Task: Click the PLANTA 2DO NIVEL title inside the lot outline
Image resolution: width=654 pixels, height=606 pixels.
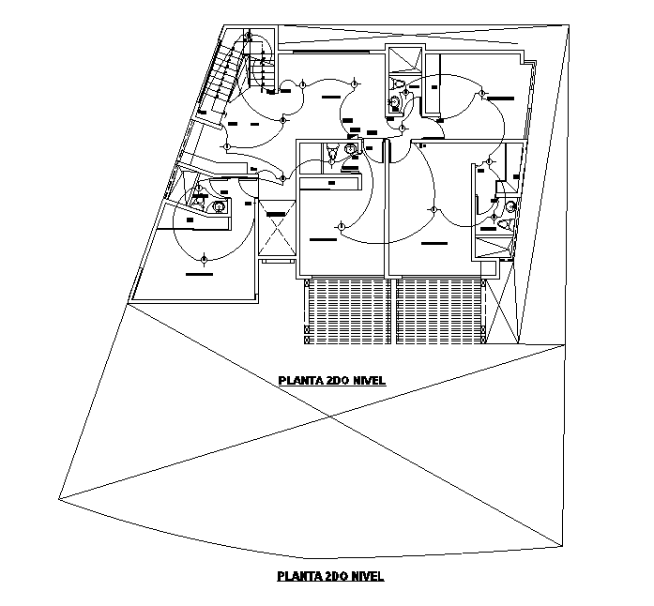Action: click(332, 381)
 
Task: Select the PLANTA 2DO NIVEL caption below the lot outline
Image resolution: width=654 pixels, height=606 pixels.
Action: click(330, 576)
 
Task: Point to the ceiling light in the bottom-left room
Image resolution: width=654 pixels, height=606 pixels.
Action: click(204, 257)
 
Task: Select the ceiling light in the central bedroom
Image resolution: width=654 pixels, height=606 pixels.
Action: click(340, 225)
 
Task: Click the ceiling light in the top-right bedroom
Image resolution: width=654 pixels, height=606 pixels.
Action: click(480, 94)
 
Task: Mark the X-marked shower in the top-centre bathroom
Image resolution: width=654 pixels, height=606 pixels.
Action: click(404, 60)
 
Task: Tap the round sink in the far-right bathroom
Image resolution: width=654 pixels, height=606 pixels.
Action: click(510, 206)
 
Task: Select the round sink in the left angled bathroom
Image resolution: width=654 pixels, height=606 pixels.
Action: click(219, 207)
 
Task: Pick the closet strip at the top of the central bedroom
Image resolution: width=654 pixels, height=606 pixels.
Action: click(330, 183)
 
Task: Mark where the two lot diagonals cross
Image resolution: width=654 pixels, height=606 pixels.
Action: click(331, 417)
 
